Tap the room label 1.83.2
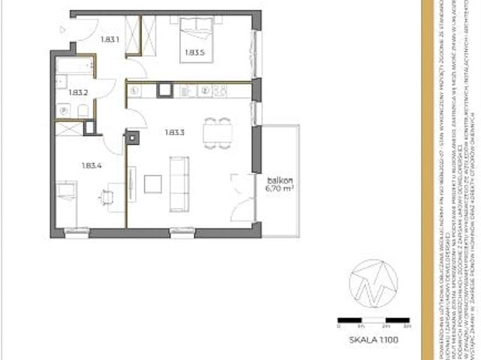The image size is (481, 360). tap(78, 92)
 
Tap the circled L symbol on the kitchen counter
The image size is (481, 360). tap(133, 91)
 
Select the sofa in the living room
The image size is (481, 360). tap(179, 183)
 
